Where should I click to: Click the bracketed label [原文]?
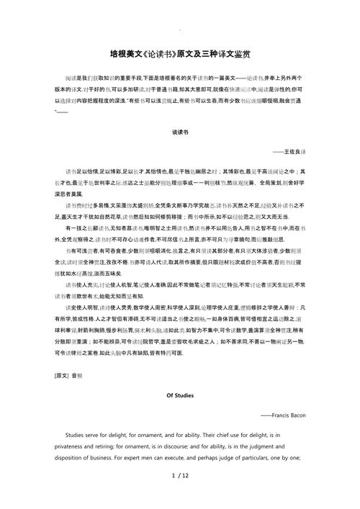[63, 375]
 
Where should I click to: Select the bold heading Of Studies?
[180, 396]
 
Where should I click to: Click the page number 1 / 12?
[179, 496]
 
